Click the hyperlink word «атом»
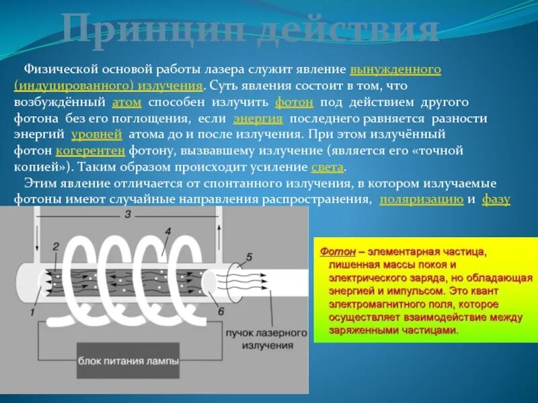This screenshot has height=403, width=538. pyautogui.click(x=126, y=102)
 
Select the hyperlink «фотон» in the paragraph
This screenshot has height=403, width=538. pyautogui.click(x=294, y=102)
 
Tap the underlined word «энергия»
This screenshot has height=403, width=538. pyautogui.click(x=258, y=118)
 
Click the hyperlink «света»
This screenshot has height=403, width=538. pyautogui.click(x=328, y=167)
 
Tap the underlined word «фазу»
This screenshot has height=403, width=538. pyautogui.click(x=496, y=199)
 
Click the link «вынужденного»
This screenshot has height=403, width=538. pyautogui.click(x=395, y=70)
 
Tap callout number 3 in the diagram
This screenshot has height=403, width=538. pyautogui.click(x=127, y=215)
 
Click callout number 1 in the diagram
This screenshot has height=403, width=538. pyautogui.click(x=33, y=312)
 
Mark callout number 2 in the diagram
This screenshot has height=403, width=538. pyautogui.click(x=56, y=246)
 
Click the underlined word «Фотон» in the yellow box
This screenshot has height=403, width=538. pyautogui.click(x=334, y=251)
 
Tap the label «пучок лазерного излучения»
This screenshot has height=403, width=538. pyautogui.click(x=266, y=339)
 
